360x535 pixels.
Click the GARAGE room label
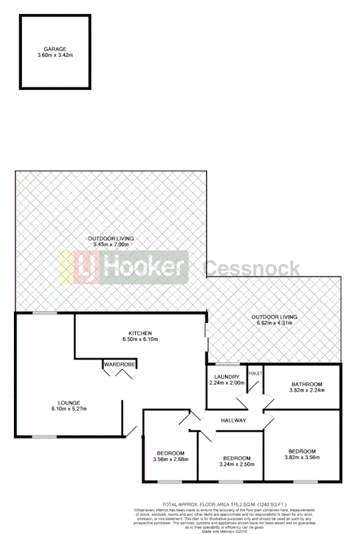coord(55,49)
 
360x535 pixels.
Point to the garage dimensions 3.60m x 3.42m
coord(55,56)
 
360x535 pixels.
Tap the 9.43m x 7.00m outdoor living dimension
coord(111,244)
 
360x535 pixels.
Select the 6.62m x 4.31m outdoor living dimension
coord(274,324)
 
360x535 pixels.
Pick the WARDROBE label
coord(119,364)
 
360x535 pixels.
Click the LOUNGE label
coord(68,402)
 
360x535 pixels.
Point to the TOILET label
coord(255,373)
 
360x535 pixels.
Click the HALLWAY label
coord(234,420)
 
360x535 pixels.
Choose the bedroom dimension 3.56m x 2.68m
coord(171,459)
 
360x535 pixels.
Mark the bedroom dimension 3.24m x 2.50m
coord(236,465)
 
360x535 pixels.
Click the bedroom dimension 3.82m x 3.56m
coord(301,457)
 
